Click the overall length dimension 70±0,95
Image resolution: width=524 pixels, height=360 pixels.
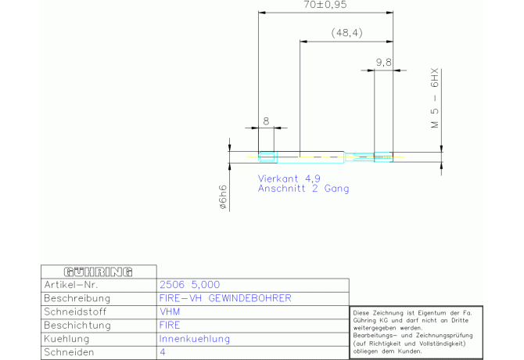pyautogui.click(x=325, y=5)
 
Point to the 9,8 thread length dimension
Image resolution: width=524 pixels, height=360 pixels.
pyautogui.click(x=384, y=62)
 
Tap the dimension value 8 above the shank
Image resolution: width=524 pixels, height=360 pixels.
pyautogui.click(x=266, y=121)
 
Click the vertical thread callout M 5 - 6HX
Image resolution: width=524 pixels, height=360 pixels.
pyautogui.click(x=434, y=99)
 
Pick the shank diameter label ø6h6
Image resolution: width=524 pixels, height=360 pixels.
pyautogui.click(x=223, y=197)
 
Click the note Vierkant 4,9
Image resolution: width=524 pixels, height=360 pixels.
pyautogui.click(x=289, y=178)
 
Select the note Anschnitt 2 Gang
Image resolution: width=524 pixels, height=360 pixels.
pyautogui.click(x=303, y=189)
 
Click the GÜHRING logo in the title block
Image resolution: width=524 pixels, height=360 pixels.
pyautogui.click(x=99, y=272)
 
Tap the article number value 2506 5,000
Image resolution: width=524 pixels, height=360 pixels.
pyautogui.click(x=190, y=285)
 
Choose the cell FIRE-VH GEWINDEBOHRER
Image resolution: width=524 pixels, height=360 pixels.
pyautogui.click(x=225, y=298)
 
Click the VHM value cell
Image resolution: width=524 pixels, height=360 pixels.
pyautogui.click(x=170, y=311)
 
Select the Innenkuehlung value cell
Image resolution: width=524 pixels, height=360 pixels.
pyautogui.click(x=195, y=339)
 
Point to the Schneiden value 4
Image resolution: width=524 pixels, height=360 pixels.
pyautogui.click(x=163, y=352)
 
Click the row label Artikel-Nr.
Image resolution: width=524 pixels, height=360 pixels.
pyautogui.click(x=71, y=285)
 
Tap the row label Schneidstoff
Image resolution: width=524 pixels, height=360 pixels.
pyautogui.click(x=75, y=311)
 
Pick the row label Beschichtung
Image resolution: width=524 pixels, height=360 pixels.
pyautogui.click(x=77, y=326)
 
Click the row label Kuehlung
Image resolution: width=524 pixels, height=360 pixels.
pyautogui.click(x=66, y=339)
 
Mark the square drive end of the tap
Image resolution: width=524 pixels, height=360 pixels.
pyautogui.click(x=267, y=157)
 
